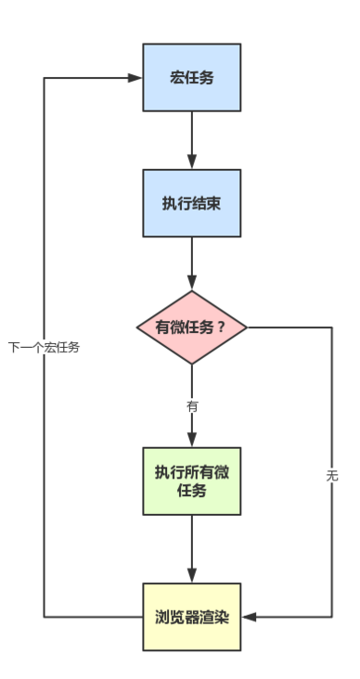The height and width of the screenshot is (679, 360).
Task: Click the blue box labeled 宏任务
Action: click(x=192, y=78)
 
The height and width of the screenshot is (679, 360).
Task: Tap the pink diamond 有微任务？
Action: click(x=191, y=327)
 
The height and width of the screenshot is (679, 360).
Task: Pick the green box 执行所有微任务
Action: click(x=192, y=480)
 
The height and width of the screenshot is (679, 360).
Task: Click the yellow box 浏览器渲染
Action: click(x=192, y=617)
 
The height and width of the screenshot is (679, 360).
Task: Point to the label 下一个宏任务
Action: click(x=44, y=348)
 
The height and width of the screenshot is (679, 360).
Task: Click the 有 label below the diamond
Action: click(x=192, y=406)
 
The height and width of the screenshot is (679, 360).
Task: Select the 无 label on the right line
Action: click(x=332, y=476)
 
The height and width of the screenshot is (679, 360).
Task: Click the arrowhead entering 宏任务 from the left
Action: click(x=135, y=78)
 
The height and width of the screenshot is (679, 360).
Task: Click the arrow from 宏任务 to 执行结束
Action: click(x=192, y=139)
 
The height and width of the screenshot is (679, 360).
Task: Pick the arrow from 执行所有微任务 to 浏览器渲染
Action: click(x=192, y=548)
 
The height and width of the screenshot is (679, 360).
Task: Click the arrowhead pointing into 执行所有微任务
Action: click(x=192, y=440)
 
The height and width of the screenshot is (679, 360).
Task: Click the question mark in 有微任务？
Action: click(x=221, y=327)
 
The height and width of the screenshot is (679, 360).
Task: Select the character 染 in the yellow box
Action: click(x=221, y=617)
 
